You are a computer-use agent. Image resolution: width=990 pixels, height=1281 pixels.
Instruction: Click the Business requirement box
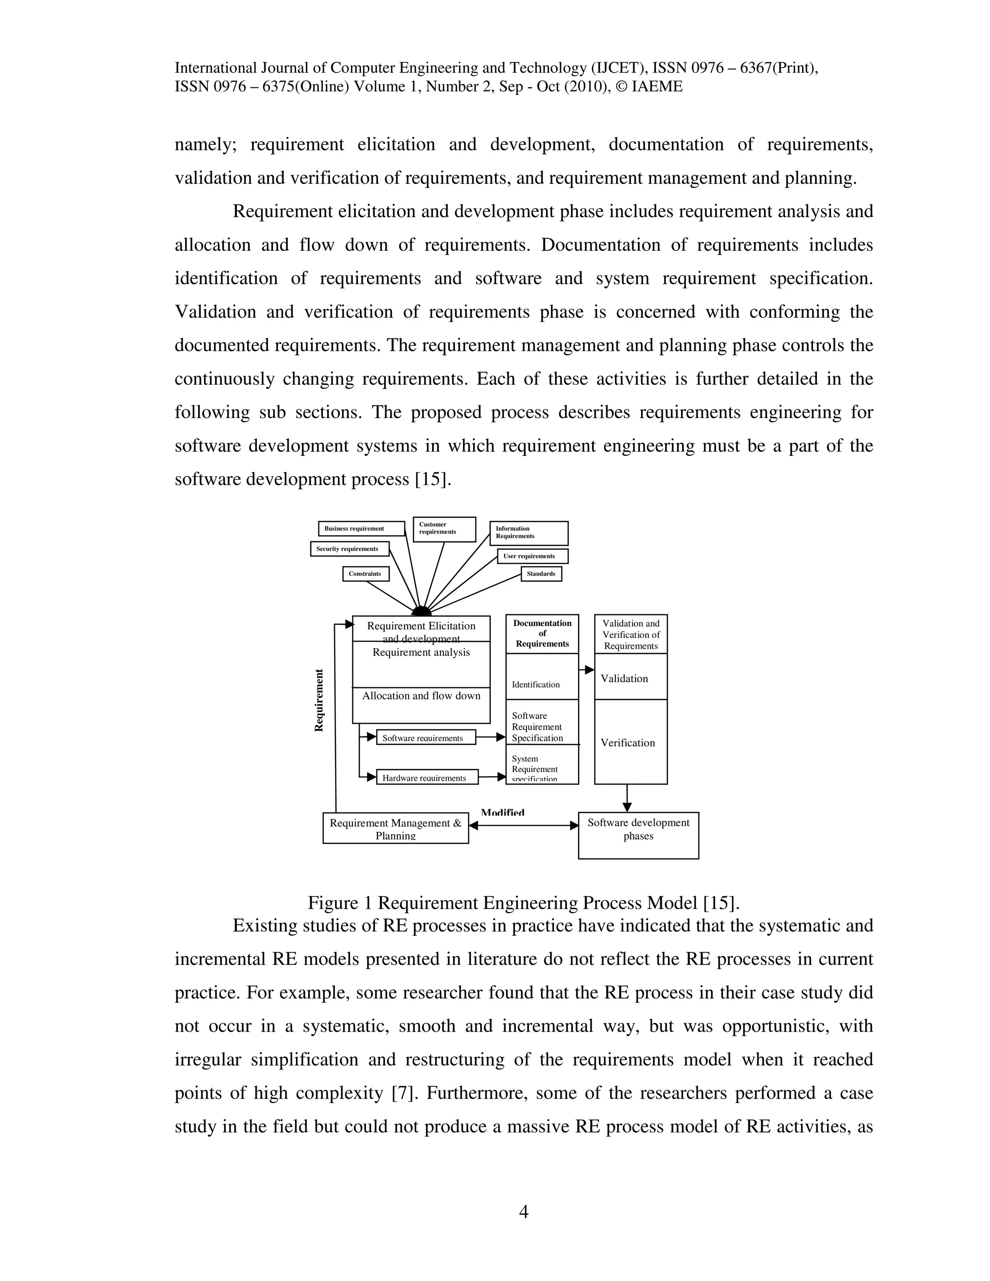361,528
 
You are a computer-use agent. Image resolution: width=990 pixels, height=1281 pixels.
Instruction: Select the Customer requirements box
444,529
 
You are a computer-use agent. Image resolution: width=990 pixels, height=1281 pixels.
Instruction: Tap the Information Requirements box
528,533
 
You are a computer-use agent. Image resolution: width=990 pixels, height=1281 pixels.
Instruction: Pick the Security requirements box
349,549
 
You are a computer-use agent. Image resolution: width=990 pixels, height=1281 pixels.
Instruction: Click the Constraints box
365,574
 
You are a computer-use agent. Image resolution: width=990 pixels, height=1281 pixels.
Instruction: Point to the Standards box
541,574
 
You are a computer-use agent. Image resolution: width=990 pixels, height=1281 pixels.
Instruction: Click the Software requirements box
425,738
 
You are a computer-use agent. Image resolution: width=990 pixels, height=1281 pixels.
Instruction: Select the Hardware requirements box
426,777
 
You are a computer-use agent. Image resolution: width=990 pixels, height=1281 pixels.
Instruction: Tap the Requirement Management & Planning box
395,828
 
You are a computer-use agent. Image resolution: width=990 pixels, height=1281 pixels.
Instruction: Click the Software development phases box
638,835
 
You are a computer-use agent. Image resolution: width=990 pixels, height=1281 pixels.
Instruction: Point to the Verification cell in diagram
630,742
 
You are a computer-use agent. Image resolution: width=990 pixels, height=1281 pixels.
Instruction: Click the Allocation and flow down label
421,696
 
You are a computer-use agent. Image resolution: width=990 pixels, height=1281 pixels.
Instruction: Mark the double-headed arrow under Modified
524,825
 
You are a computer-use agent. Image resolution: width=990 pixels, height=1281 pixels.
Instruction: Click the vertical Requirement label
319,700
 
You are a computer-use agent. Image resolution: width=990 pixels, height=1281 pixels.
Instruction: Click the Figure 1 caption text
523,903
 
